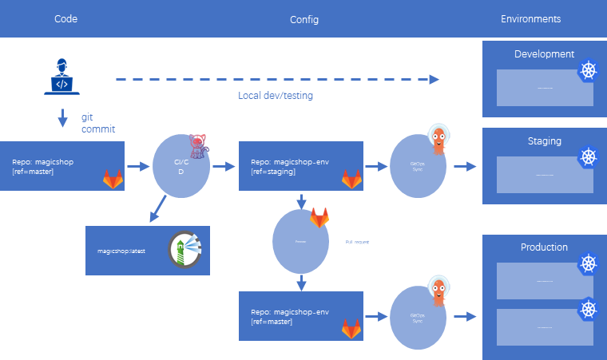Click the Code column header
(65, 18)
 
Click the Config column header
(304, 19)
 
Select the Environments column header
(530, 18)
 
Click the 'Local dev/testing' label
(275, 95)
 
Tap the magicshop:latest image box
(147, 251)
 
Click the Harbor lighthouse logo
(187, 250)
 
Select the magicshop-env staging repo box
(301, 166)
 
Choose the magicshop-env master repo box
(301, 316)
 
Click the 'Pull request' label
(356, 241)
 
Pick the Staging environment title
(544, 141)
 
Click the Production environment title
(544, 247)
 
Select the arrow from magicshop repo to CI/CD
(139, 167)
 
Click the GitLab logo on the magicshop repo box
(113, 179)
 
